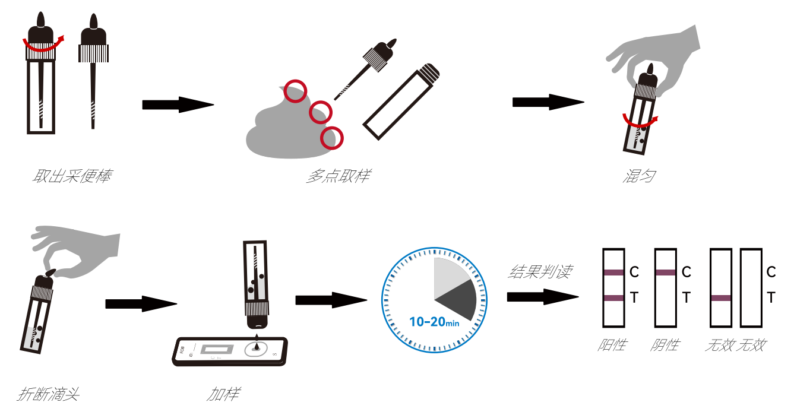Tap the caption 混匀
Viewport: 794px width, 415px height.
(639, 176)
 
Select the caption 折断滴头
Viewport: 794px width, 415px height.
(49, 394)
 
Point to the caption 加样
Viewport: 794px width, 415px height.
(224, 394)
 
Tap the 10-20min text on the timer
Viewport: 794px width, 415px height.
(434, 322)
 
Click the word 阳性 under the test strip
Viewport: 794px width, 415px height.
(612, 345)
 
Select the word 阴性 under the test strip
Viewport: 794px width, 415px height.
(665, 345)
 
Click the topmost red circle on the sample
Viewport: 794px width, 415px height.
(295, 91)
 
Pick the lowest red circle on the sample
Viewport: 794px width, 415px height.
(331, 138)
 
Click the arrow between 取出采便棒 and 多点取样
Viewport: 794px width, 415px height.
(178, 105)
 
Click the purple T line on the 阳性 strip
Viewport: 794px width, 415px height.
(613, 298)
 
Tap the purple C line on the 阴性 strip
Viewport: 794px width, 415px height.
(665, 273)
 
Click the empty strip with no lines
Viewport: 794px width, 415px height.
(751, 288)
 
